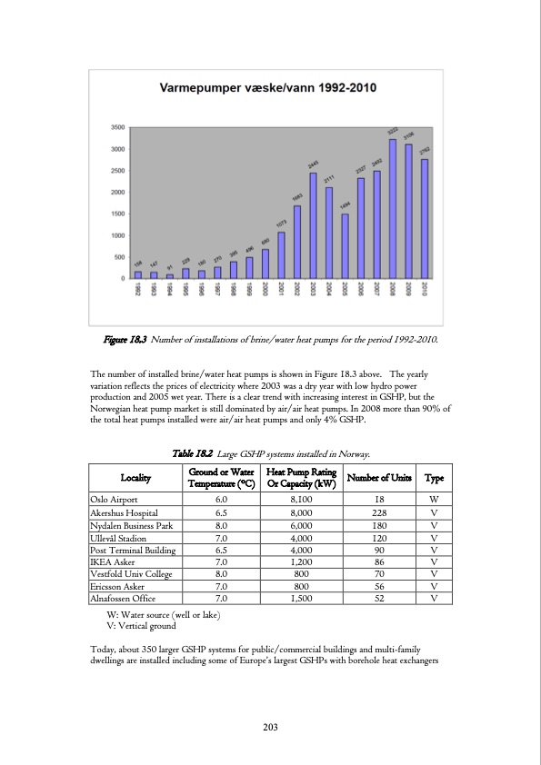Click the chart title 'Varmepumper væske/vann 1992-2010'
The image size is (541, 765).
pos(269,88)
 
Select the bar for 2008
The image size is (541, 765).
pos(392,209)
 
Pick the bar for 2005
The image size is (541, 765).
pos(345,246)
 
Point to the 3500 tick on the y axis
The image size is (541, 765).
pos(118,127)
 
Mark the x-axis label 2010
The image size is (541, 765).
pos(425,289)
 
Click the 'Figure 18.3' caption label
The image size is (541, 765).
pos(125,340)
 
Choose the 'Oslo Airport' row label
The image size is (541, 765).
pos(114,499)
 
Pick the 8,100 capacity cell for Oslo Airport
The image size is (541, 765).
pos(301,499)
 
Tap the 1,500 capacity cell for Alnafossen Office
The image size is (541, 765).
pos(301,599)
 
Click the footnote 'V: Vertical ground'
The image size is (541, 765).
pos(141,627)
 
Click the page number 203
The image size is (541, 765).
pos(270,727)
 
